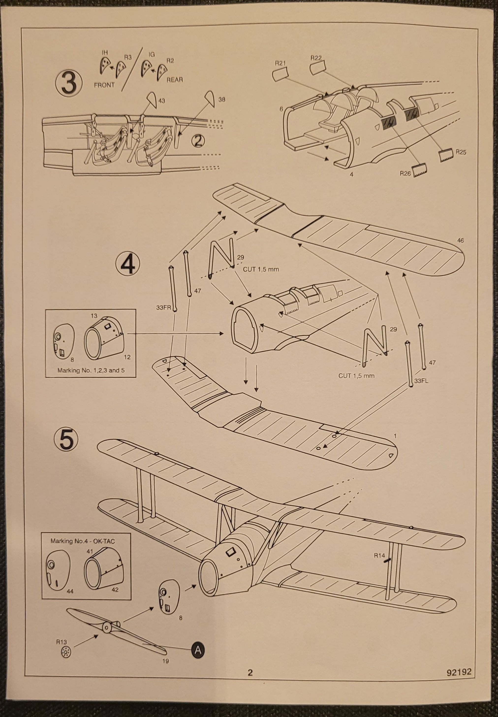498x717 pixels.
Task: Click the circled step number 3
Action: click(69, 84)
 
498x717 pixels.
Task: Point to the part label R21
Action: click(280, 63)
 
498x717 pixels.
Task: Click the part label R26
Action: click(405, 173)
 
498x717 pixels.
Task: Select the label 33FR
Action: click(164, 307)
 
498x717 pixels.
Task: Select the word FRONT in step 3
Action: click(104, 85)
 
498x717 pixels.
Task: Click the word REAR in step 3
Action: click(175, 80)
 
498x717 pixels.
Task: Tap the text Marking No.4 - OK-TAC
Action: click(83, 541)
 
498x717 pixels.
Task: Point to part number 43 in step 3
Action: click(162, 101)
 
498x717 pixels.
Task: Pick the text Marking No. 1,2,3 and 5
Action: click(91, 370)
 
